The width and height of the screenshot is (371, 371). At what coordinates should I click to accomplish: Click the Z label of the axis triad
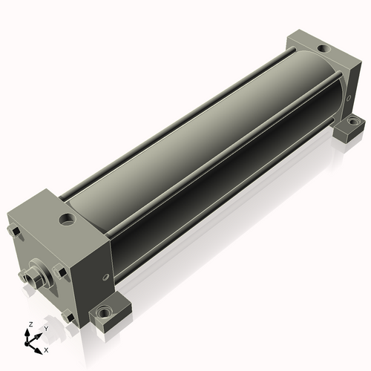coord(30,324)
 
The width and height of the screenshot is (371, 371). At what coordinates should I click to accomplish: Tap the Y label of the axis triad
coord(45,329)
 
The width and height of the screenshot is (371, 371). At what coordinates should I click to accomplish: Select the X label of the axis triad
coord(46,350)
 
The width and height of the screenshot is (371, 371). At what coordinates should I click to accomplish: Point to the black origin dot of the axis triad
coord(26,344)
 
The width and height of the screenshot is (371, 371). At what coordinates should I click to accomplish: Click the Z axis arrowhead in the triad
coord(27,332)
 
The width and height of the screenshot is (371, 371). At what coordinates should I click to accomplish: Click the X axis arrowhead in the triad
coord(38,351)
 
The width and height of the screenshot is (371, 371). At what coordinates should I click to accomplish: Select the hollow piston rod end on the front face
coord(31,279)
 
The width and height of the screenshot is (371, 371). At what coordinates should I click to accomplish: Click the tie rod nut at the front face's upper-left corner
coord(13,232)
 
